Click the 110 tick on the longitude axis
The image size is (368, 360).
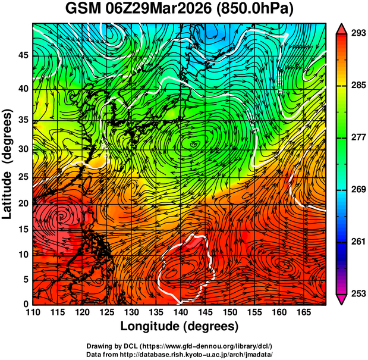point(33,312)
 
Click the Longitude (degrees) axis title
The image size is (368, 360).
point(180,326)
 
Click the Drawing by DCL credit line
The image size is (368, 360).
point(179,346)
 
